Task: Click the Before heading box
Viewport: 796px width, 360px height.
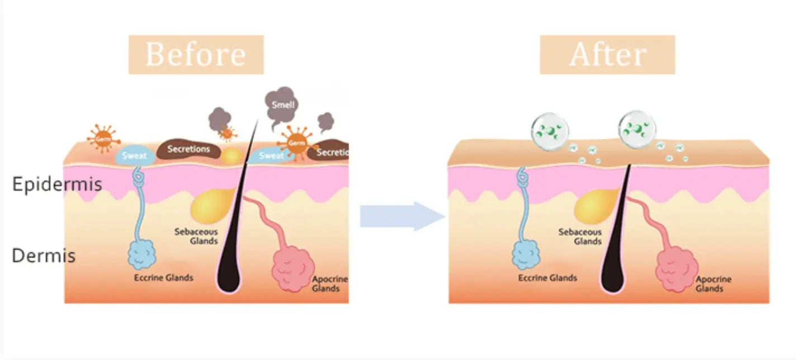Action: tap(196, 54)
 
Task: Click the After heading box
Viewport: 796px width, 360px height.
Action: tap(607, 54)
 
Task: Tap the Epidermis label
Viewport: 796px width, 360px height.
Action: tap(56, 184)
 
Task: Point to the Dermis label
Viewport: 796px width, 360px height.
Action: tap(44, 256)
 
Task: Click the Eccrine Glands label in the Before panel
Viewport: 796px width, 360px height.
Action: tap(163, 277)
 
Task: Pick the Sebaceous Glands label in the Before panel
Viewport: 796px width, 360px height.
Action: tap(195, 236)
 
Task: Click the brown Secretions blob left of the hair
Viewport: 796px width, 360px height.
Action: tap(188, 150)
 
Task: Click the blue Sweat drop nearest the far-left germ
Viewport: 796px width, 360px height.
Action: tap(134, 156)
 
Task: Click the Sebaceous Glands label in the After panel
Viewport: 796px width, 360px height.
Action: tap(580, 236)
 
